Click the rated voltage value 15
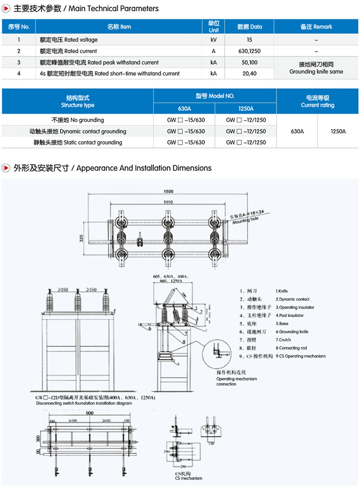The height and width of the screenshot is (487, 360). pyautogui.click(x=249, y=40)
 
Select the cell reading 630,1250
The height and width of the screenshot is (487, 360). pyautogui.click(x=249, y=51)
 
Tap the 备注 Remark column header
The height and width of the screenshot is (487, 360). pyautogui.click(x=316, y=27)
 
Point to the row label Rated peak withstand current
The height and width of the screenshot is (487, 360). pyautogui.click(x=99, y=63)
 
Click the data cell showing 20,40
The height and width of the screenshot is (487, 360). pyautogui.click(x=249, y=74)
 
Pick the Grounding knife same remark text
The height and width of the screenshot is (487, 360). pyautogui.click(x=316, y=72)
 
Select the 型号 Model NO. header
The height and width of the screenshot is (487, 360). pyautogui.click(x=215, y=96)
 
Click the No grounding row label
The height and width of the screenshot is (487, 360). pyautogui.click(x=78, y=120)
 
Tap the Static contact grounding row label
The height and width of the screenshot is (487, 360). pyautogui.click(x=78, y=142)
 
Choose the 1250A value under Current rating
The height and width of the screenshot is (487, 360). pyautogui.click(x=338, y=131)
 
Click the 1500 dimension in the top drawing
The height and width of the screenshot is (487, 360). pyautogui.click(x=168, y=191)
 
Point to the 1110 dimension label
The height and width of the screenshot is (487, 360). pyautogui.click(x=168, y=203)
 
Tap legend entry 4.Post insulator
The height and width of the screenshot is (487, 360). pyautogui.click(x=290, y=315)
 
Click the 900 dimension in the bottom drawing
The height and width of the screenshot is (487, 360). pyautogui.click(x=90, y=413)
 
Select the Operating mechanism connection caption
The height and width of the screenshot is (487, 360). pyautogui.click(x=236, y=381)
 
